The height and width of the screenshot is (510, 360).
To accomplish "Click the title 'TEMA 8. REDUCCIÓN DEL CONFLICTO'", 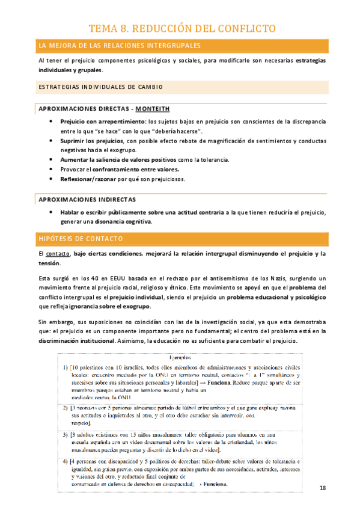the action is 182,28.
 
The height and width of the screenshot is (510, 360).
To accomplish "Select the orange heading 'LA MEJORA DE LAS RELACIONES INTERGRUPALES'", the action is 119,46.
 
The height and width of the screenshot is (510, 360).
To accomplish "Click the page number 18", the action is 323,488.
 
